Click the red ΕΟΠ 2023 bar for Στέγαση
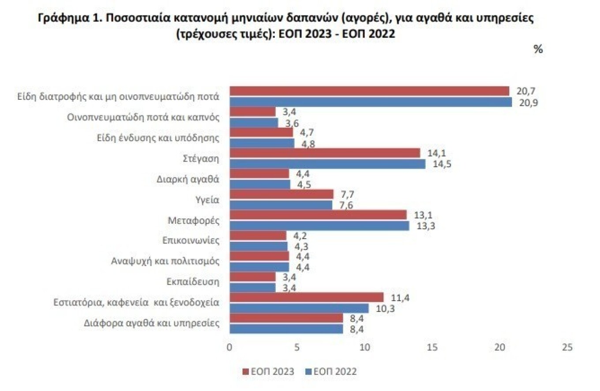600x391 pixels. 325,153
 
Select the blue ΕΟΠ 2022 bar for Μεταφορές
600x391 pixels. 319,226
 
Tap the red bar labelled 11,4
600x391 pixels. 307,297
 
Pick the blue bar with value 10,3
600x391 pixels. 299,308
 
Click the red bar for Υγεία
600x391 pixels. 281,194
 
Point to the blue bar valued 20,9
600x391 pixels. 371,102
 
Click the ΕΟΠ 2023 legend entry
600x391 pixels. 268,372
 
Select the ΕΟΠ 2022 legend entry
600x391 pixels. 331,372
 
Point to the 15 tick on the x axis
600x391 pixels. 432,347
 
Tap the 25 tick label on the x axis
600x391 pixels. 567,347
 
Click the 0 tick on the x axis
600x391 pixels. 229,347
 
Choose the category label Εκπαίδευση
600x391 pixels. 193,282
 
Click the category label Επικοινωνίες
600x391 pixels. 191,241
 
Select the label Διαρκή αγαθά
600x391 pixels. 188,179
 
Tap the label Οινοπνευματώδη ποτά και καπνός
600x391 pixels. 143,117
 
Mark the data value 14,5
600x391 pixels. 442,164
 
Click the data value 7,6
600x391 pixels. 346,205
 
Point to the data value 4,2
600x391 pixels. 300,236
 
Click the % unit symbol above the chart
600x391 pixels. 538,49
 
